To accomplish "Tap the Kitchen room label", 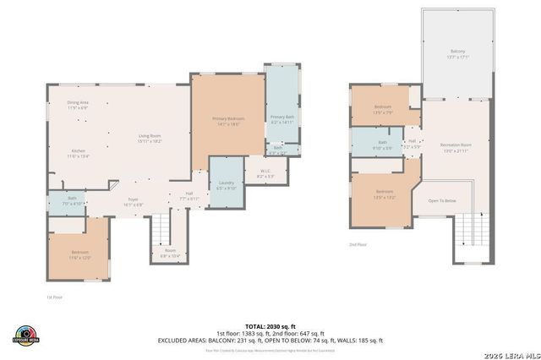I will tap(78, 153).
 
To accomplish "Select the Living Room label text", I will tap(150, 138).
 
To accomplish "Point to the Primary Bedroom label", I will tap(228, 121).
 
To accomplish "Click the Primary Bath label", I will tap(281, 119).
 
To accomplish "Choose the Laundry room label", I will tap(226, 184).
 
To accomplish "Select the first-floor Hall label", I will tap(189, 195).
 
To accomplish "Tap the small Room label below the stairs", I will tap(170, 252).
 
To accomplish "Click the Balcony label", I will tap(457, 54).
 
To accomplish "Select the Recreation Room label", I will tap(456, 147).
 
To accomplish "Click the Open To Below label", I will tap(442, 200).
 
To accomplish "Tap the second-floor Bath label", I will tap(383, 145).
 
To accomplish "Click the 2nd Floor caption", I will tap(358, 244).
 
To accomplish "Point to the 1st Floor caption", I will tap(54, 297).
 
